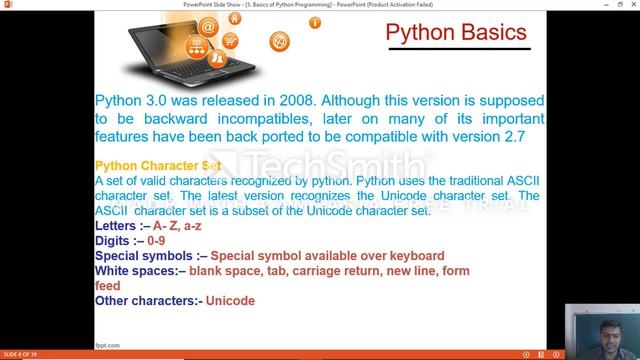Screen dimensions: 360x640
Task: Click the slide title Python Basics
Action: click(456, 33)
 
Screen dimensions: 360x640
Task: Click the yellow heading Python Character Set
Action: click(157, 165)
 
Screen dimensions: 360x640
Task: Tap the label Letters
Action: click(118, 226)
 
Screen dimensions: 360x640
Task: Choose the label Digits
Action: click(115, 241)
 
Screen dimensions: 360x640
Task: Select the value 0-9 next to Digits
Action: click(156, 241)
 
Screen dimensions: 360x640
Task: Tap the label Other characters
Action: click(147, 300)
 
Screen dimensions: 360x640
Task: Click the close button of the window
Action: click(630, 3)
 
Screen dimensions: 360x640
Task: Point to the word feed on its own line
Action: click(108, 286)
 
